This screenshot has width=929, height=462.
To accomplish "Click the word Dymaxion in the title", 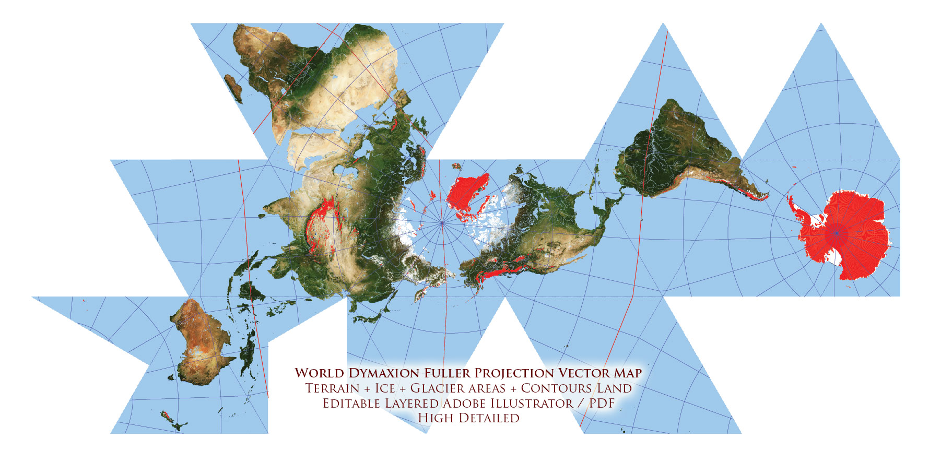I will coord(384,373).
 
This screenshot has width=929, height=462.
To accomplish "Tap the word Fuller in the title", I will coord(447,373).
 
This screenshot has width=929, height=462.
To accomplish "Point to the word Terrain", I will coord(332,388).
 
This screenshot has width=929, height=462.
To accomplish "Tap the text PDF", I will coord(602,404).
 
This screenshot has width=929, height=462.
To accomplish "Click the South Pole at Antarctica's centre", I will coord(837,233).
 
